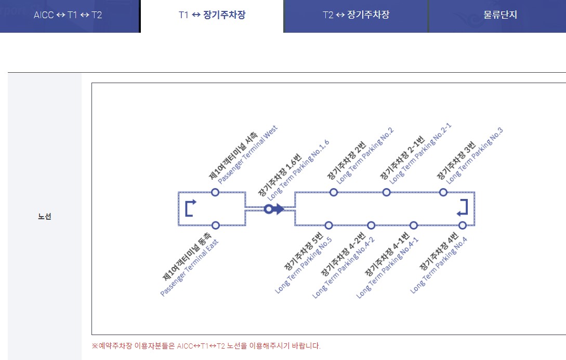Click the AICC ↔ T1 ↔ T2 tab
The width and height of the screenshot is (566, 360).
tap(68, 15)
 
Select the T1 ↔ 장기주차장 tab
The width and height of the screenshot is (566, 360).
tap(212, 15)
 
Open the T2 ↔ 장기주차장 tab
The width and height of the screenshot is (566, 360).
tap(356, 15)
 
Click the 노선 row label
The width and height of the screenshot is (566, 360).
tap(45, 217)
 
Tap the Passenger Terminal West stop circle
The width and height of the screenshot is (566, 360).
tap(215, 192)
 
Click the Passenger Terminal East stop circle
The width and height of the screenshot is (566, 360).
tap(216, 225)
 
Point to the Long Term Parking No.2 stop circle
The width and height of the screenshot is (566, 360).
tap(334, 192)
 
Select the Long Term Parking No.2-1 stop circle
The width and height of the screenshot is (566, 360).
tap(386, 192)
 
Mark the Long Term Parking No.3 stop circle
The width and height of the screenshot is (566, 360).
tap(443, 192)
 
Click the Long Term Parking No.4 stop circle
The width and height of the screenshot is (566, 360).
tap(463, 225)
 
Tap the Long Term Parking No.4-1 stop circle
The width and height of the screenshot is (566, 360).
tap(414, 225)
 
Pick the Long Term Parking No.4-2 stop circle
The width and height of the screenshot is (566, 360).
tap(371, 225)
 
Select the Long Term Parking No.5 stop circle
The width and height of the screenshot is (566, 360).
tap(328, 225)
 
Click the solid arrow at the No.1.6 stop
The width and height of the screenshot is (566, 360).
tap(278, 209)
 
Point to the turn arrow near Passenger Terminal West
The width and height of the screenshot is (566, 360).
tap(191, 207)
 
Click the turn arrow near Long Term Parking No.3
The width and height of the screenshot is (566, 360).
tap(463, 207)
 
